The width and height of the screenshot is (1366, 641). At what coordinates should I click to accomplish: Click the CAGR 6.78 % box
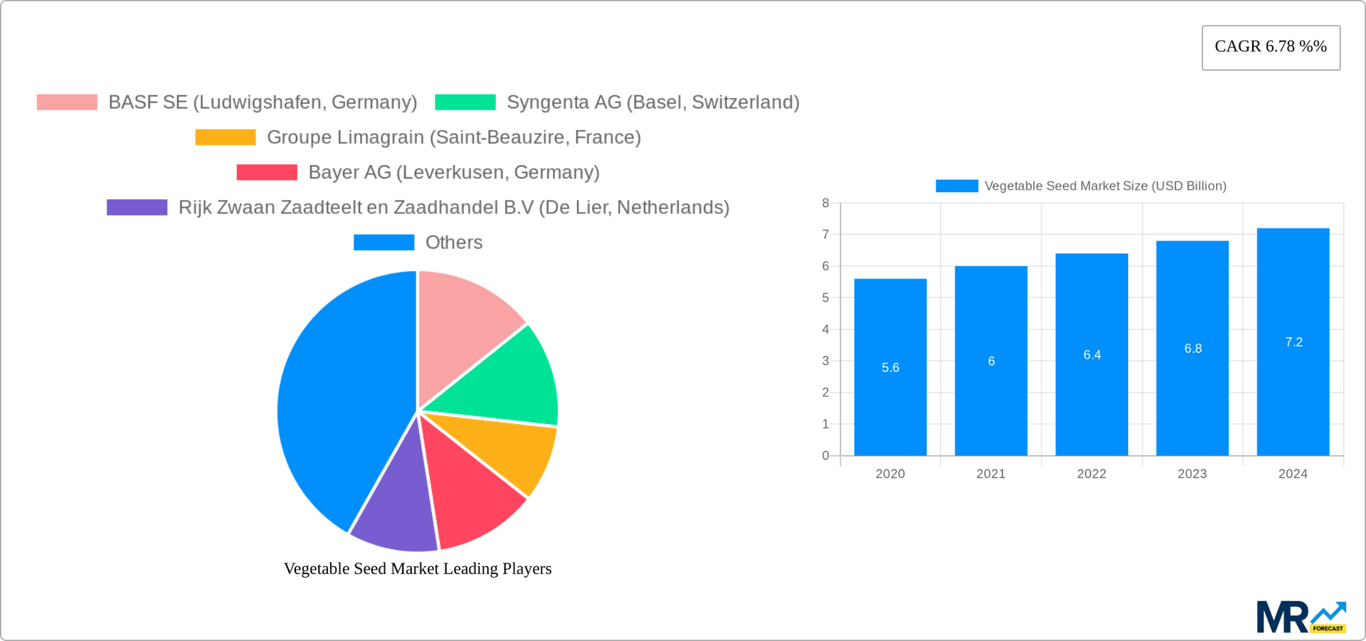click(x=1271, y=47)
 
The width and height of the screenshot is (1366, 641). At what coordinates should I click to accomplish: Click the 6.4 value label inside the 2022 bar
click(x=1091, y=354)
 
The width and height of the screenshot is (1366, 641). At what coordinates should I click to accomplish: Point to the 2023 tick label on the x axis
click(x=1192, y=474)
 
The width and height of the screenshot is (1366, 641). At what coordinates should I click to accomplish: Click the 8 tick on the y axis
click(x=825, y=203)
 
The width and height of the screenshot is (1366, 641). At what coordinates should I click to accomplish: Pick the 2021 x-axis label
click(x=990, y=474)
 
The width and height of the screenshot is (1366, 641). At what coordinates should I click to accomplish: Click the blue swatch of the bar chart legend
click(x=956, y=186)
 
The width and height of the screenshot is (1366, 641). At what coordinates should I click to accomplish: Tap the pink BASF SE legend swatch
click(x=67, y=102)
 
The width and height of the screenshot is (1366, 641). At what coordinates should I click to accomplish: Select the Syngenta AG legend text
click(x=652, y=102)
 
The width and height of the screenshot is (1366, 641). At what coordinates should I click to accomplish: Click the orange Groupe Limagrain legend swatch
click(x=226, y=137)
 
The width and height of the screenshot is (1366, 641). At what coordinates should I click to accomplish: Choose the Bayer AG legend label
click(x=453, y=172)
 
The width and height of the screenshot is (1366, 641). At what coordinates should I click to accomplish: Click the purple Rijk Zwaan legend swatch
click(x=137, y=207)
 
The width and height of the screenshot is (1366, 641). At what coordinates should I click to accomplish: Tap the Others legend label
click(x=453, y=243)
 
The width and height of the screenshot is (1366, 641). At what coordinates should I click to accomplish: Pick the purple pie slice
click(x=395, y=509)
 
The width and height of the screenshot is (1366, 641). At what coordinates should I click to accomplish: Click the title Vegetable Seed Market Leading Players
click(x=418, y=568)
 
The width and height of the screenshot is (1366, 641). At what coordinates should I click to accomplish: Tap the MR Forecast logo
click(x=1301, y=618)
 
